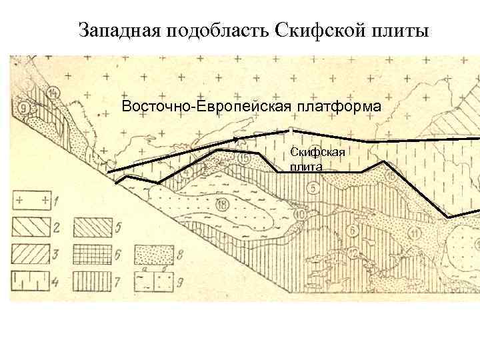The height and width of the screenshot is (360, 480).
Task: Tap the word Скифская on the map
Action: point(317,153)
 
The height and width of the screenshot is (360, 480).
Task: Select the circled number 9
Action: point(25,106)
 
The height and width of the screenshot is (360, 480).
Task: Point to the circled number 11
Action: point(415,233)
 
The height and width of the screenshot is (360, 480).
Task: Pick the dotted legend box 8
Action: point(151,253)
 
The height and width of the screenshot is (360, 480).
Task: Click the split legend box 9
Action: point(151,279)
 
